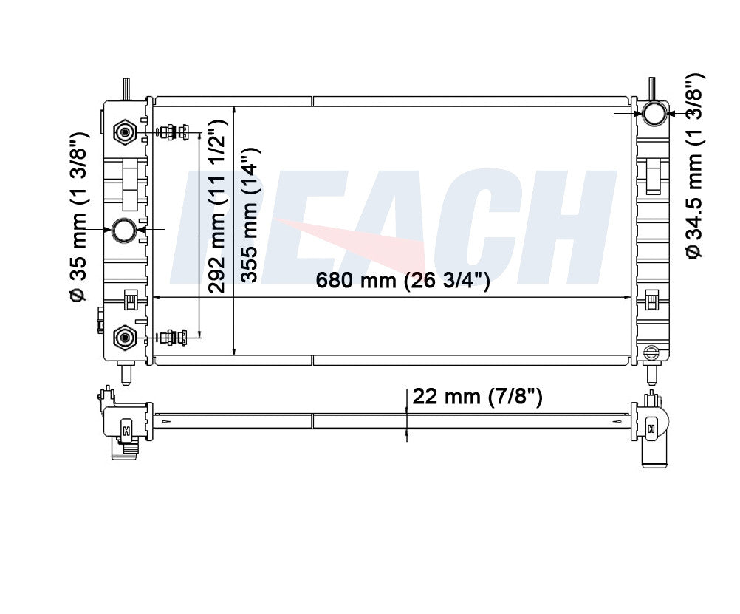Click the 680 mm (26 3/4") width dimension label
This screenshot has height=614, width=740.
tap(402, 280)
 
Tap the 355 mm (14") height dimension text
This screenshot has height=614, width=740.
tap(249, 215)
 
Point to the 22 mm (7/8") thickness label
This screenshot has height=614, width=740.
tap(477, 397)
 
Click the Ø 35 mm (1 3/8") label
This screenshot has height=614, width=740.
tap(78, 216)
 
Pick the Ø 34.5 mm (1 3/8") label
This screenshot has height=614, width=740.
tap(694, 166)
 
